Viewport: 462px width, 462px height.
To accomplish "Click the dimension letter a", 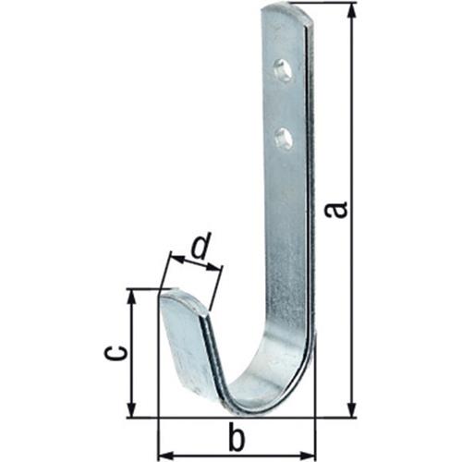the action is [x=336, y=210].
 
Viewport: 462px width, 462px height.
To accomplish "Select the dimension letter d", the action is [x=201, y=245].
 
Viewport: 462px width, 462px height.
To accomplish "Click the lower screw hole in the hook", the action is [x=283, y=139].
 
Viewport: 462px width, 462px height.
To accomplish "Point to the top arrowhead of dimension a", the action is [x=352, y=12].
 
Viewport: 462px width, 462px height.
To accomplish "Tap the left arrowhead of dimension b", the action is [x=166, y=456].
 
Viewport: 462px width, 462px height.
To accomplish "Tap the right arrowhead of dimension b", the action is [x=307, y=456].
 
